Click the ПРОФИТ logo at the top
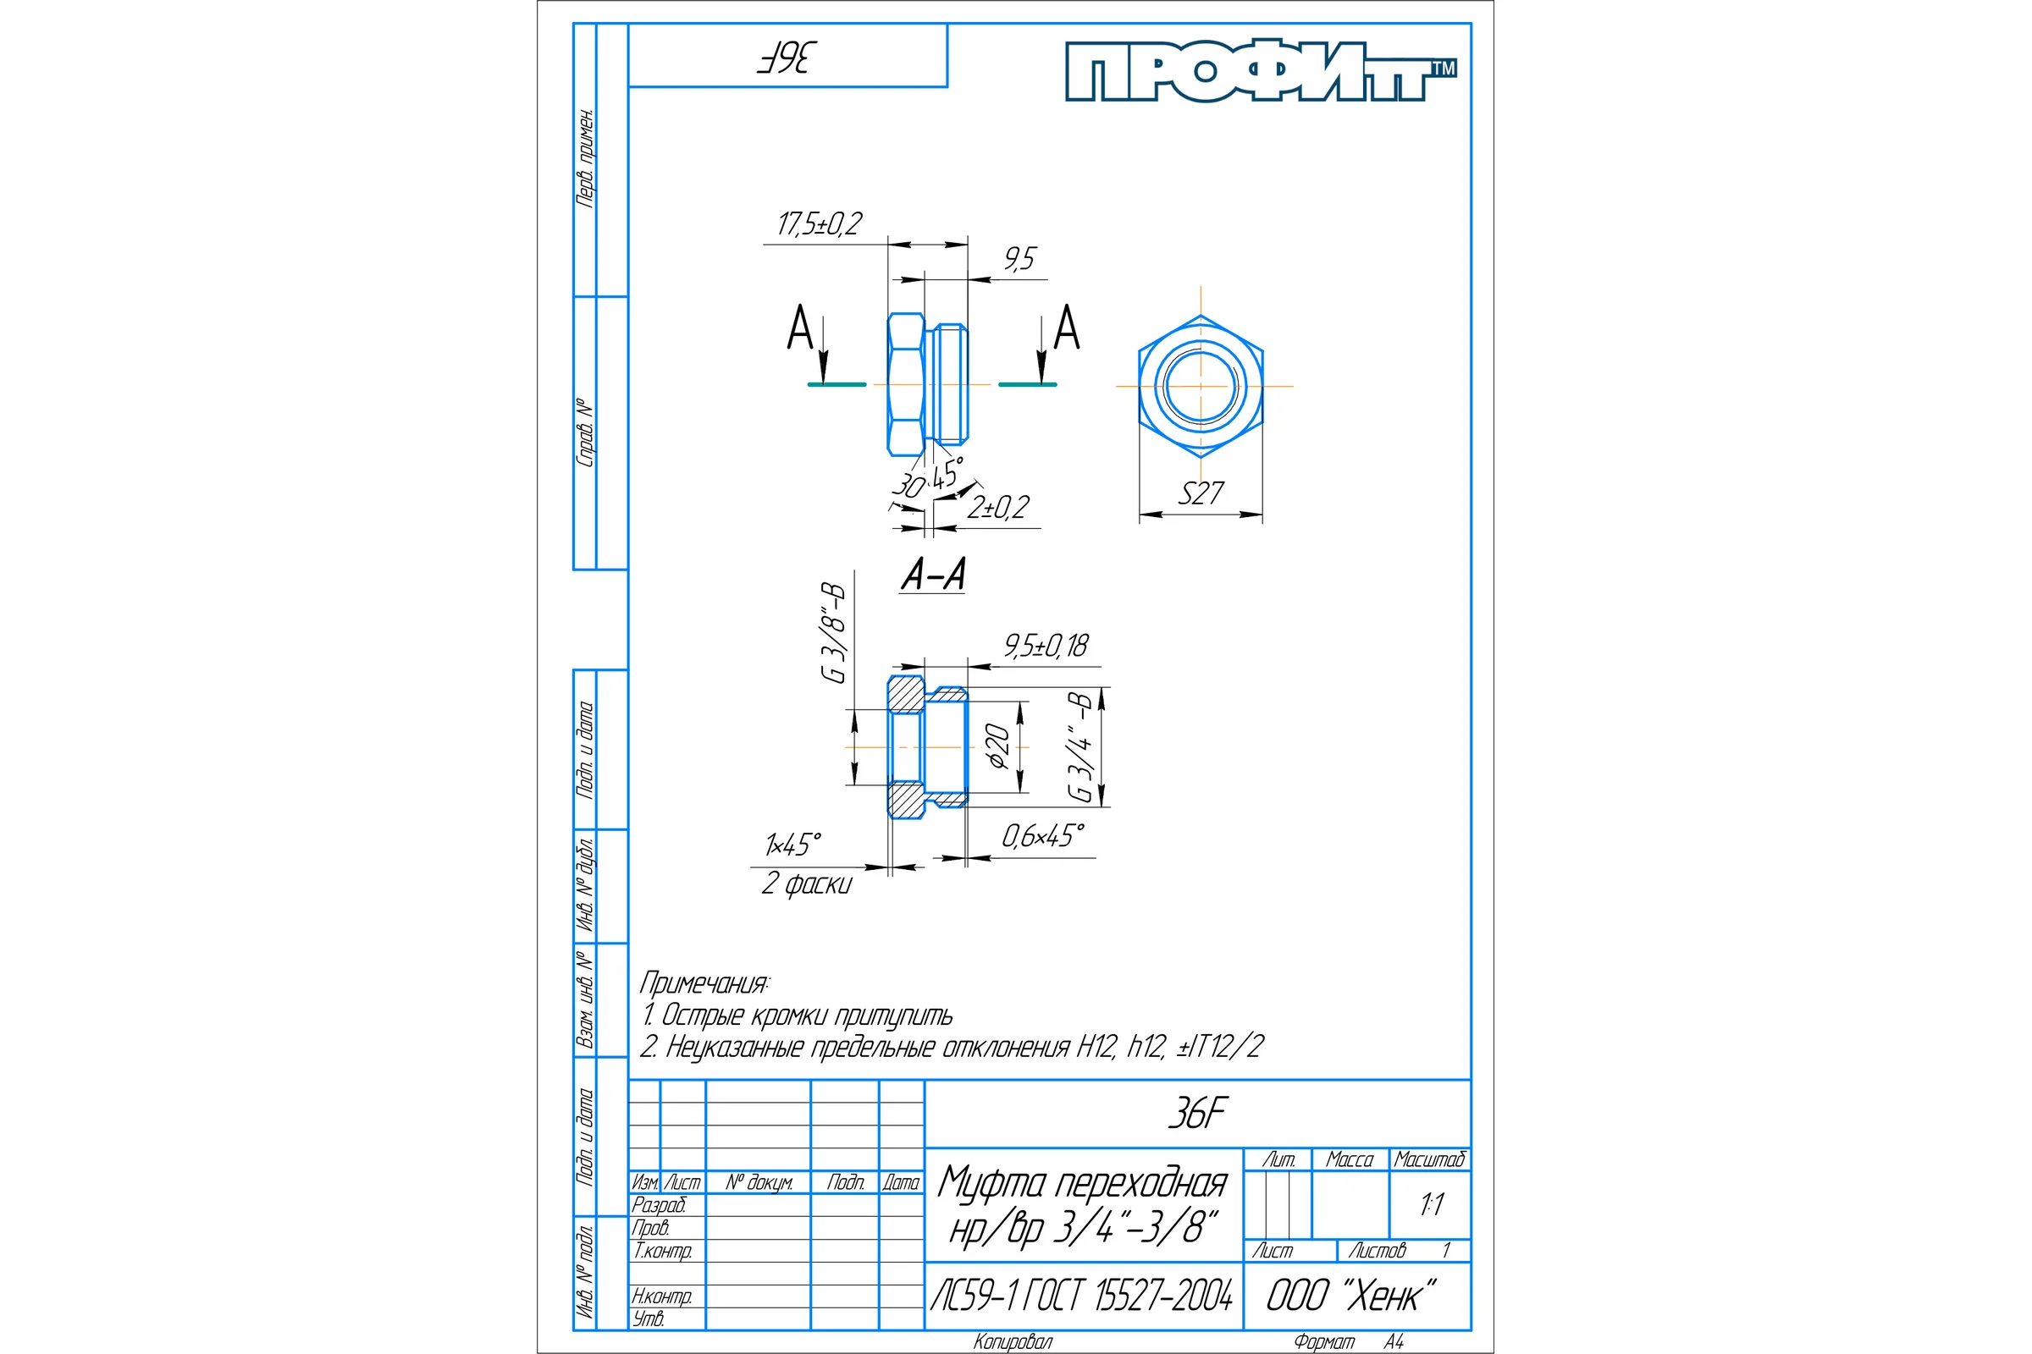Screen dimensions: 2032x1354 [1261, 70]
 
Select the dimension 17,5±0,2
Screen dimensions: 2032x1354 [819, 224]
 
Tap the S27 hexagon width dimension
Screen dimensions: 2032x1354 [1201, 493]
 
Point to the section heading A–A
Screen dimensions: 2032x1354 [933, 575]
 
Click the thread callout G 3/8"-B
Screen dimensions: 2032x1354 [834, 632]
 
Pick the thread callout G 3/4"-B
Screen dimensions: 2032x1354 [1081, 746]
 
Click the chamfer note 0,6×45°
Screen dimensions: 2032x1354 [1043, 836]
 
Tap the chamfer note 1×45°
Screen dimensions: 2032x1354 [793, 844]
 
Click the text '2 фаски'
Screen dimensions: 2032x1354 [807, 883]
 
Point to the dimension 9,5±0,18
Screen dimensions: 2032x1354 [1046, 645]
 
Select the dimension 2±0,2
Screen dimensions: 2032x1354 [998, 507]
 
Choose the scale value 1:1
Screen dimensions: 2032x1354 [1432, 1203]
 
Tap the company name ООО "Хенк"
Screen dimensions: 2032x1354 [1351, 1296]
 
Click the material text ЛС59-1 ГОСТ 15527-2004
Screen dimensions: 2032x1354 [1082, 1296]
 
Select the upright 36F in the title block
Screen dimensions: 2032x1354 [1196, 1114]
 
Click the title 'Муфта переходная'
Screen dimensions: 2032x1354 [1083, 1183]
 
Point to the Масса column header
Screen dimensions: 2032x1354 [1350, 1159]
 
